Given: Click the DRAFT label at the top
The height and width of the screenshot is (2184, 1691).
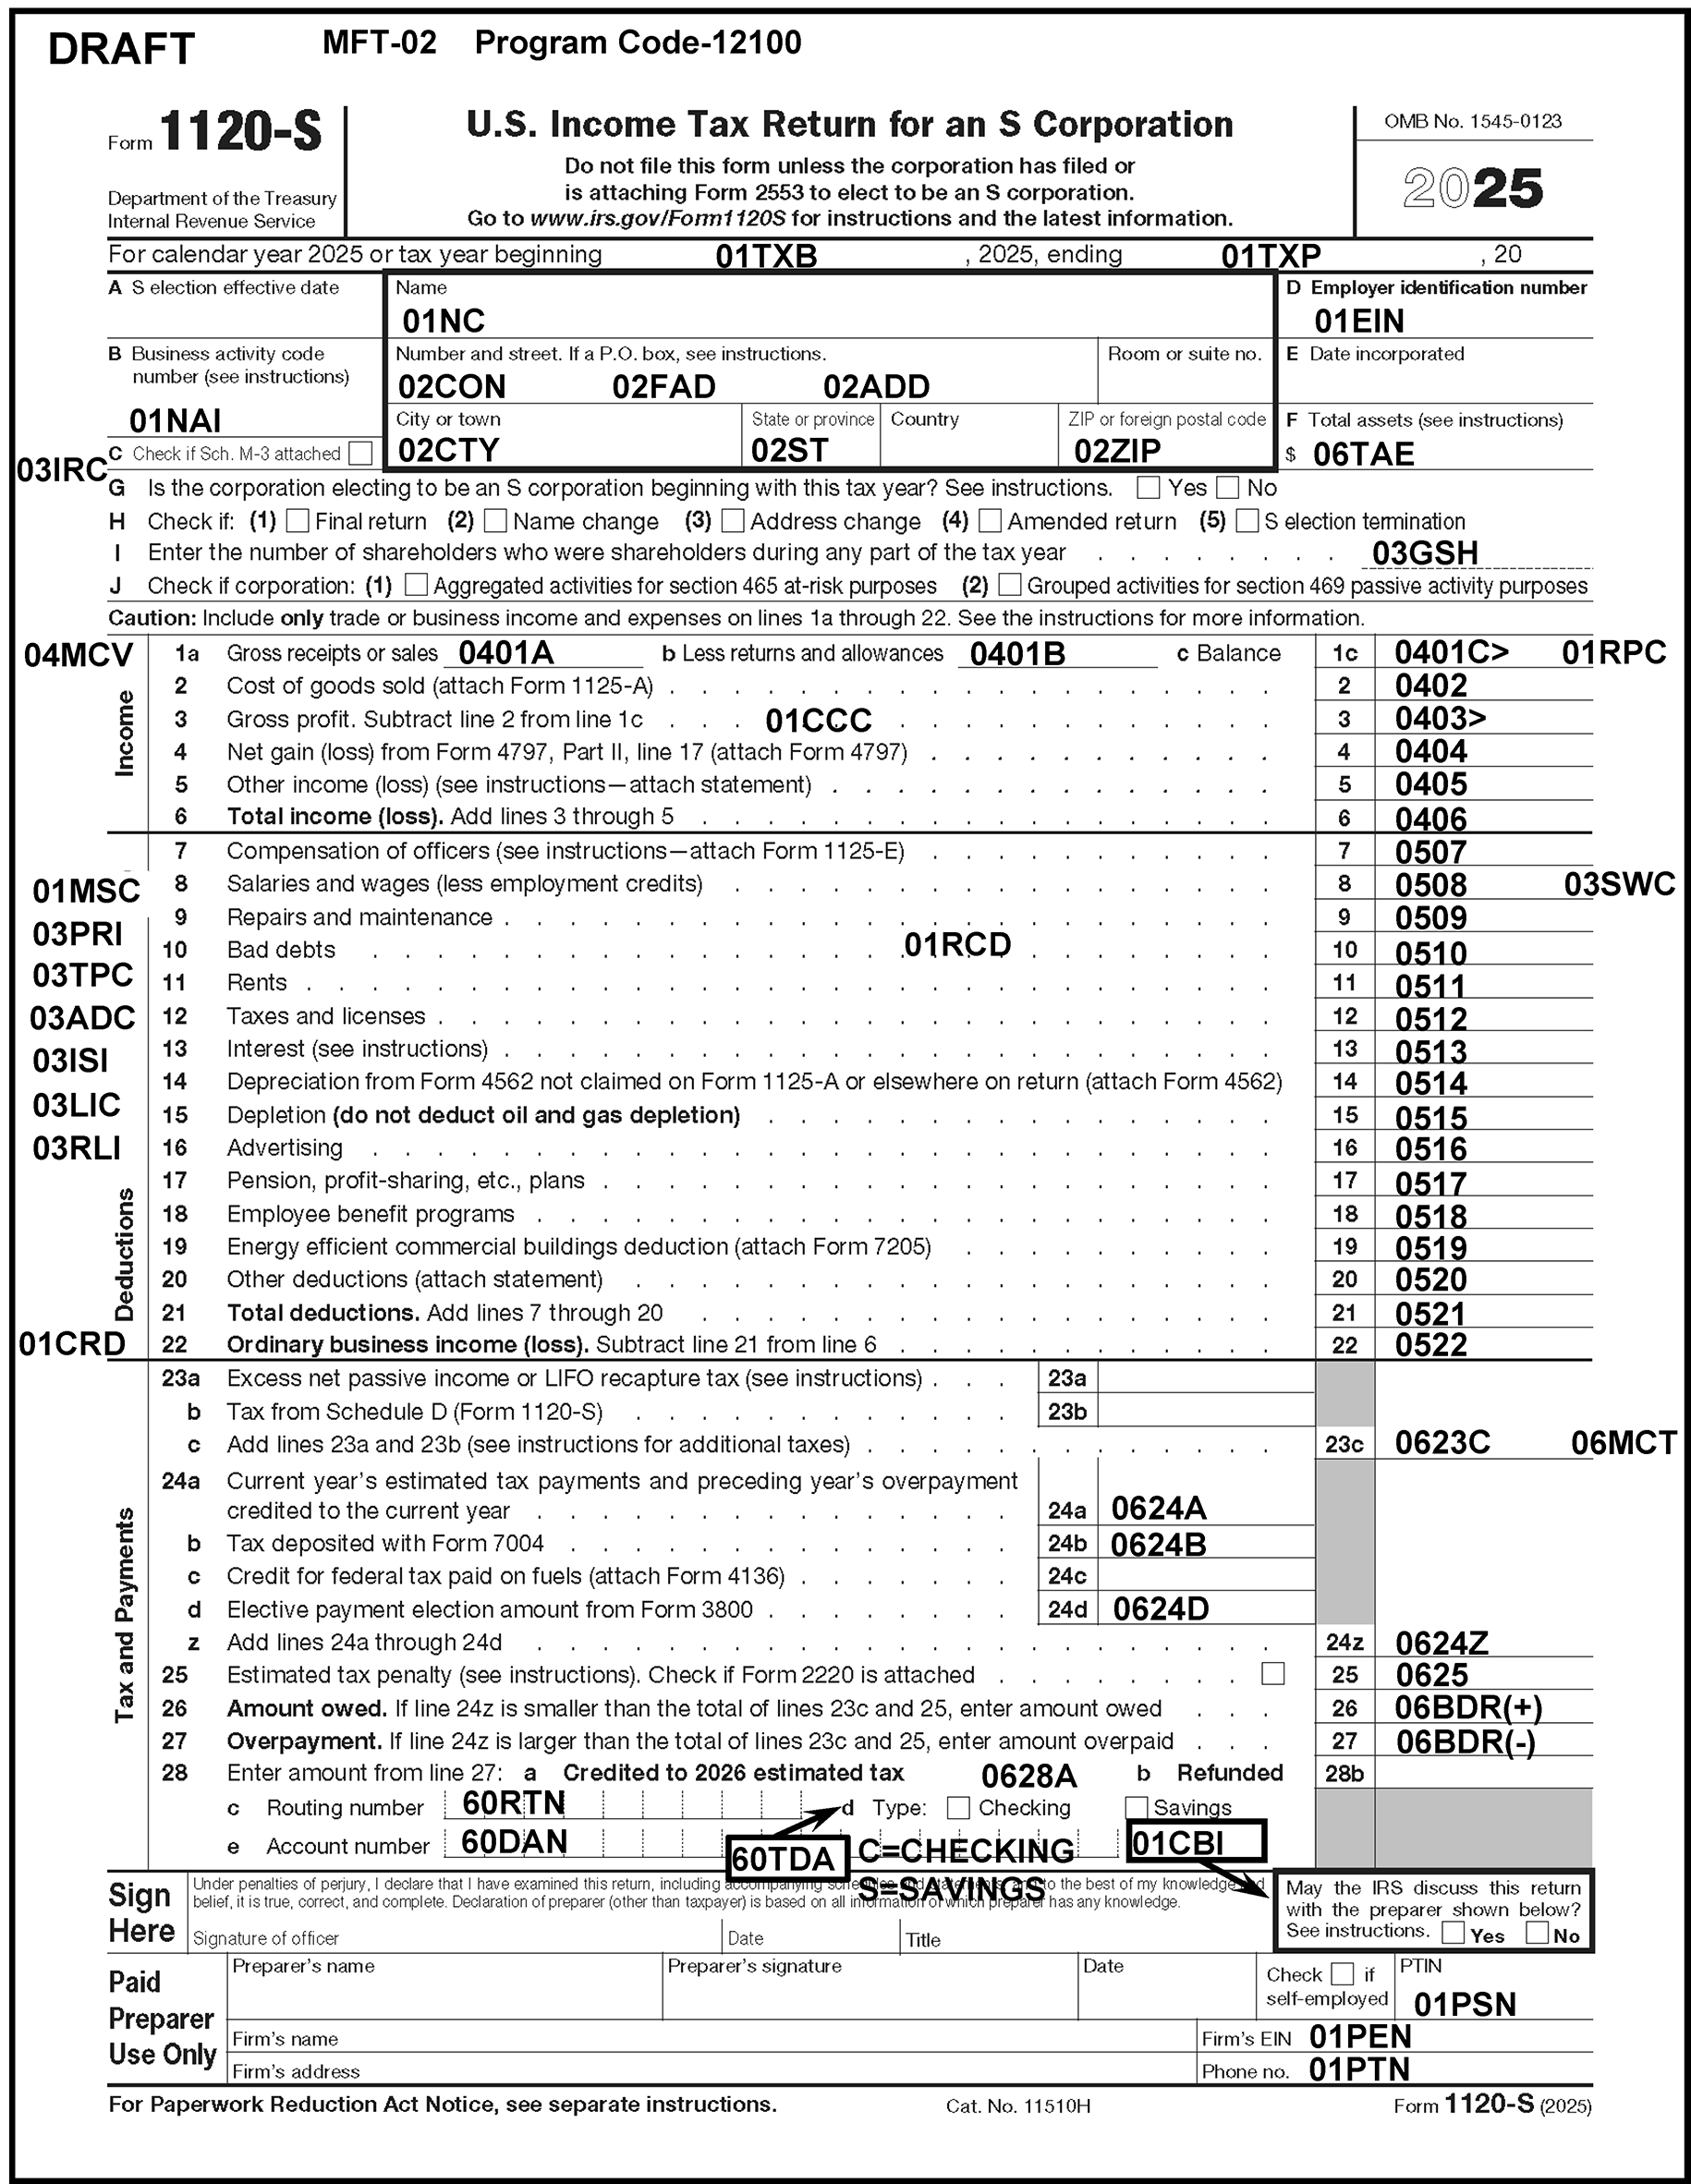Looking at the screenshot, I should (121, 49).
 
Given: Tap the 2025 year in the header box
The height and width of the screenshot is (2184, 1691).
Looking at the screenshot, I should (1472, 188).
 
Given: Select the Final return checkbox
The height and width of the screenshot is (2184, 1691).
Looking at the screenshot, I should (297, 520).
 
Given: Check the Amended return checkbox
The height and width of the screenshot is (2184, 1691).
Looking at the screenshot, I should (990, 520).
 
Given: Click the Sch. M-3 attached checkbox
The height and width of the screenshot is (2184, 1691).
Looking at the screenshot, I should (360, 453).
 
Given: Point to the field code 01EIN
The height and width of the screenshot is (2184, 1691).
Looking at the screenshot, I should (1358, 321).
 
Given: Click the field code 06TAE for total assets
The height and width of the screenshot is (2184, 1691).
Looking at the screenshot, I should (1363, 454).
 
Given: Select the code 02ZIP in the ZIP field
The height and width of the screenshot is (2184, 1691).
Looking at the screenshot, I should (1117, 451).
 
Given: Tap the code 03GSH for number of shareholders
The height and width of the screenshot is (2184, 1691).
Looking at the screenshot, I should (1424, 553).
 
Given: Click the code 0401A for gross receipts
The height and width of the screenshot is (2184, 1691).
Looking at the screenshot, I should (505, 653).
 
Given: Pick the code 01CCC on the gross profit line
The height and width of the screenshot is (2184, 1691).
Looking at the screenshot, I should (818, 720).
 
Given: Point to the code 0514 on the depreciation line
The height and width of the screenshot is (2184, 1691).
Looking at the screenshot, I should (1431, 1083).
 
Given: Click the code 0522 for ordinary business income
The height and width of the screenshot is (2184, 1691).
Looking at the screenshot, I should (1431, 1345).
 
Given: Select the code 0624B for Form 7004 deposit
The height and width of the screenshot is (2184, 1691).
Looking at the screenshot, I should (1158, 1545).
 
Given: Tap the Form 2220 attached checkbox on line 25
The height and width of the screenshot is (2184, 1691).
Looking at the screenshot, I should (1273, 1673).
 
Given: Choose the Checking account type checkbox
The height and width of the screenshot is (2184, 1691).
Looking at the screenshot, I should (958, 1807).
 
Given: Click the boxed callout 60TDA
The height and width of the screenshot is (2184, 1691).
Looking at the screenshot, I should (783, 1858).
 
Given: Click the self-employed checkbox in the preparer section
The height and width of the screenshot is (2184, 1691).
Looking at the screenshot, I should (1343, 1973).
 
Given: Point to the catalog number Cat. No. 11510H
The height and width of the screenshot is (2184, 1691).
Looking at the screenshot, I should (1017, 2106).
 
